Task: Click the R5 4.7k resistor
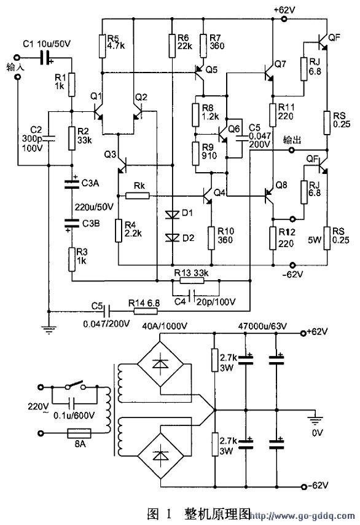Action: tap(103, 45)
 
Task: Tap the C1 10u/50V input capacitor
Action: tap(45, 58)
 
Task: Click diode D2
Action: tap(173, 237)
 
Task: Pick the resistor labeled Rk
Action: tap(137, 195)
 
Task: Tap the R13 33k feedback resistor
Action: tap(192, 280)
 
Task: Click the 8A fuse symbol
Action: tap(79, 433)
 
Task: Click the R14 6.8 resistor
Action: tap(146, 312)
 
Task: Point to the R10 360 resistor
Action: tap(211, 238)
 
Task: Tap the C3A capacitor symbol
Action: tap(72, 183)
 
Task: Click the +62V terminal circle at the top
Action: tap(284, 19)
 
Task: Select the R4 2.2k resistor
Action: tap(119, 231)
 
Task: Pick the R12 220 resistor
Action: tap(273, 238)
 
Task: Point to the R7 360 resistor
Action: tap(203, 45)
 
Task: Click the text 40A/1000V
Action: tap(165, 326)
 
